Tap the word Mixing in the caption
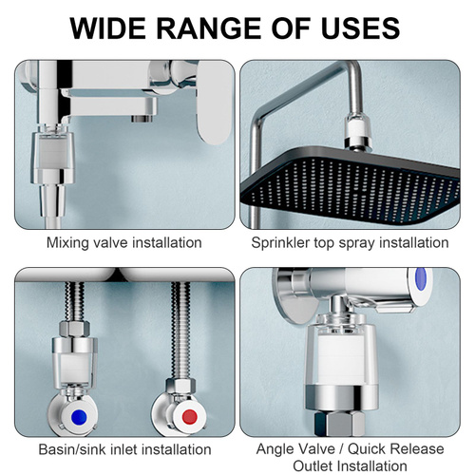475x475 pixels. pyautogui.click(x=67, y=243)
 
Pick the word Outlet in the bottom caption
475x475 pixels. pyautogui.click(x=313, y=466)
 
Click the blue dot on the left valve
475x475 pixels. pyautogui.click(x=79, y=417)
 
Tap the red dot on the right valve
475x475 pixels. pyautogui.click(x=190, y=417)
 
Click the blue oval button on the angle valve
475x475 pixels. pyautogui.click(x=421, y=278)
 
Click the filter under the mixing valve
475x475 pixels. pyautogui.click(x=52, y=157)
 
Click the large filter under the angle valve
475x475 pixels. pyautogui.click(x=342, y=363)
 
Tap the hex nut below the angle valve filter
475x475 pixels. pyautogui.click(x=340, y=424)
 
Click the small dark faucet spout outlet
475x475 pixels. pyautogui.click(x=142, y=119)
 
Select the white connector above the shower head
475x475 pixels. pyautogui.click(x=357, y=132)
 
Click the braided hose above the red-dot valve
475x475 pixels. pyautogui.click(x=180, y=331)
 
